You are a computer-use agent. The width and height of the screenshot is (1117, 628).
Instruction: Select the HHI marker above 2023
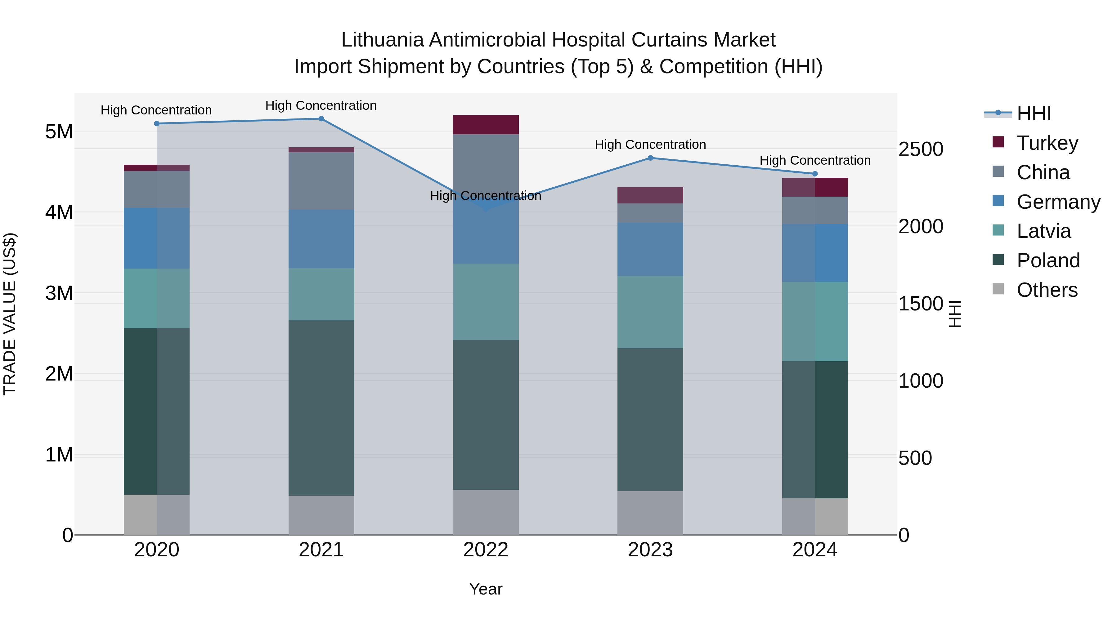pos(650,158)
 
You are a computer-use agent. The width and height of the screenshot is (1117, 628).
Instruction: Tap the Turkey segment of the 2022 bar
pos(486,125)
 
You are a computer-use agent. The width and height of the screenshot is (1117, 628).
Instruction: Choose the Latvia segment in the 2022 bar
pos(486,302)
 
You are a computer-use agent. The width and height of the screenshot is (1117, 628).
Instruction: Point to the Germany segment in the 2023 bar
pos(650,250)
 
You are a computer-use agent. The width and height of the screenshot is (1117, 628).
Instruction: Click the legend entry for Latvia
pos(1043,231)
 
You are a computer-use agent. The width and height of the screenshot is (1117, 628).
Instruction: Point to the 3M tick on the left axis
pos(59,293)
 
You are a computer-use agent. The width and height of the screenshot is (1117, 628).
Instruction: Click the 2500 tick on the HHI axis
pos(920,149)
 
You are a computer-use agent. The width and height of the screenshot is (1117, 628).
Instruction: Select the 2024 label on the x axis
pos(815,550)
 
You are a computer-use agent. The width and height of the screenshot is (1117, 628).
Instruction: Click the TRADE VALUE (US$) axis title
pos(10,314)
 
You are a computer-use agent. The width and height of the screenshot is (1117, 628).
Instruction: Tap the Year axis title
pos(486,589)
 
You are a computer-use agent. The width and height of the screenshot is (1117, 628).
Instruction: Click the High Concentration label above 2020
pos(156,110)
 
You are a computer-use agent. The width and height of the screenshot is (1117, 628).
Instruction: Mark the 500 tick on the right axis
pos(915,458)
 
